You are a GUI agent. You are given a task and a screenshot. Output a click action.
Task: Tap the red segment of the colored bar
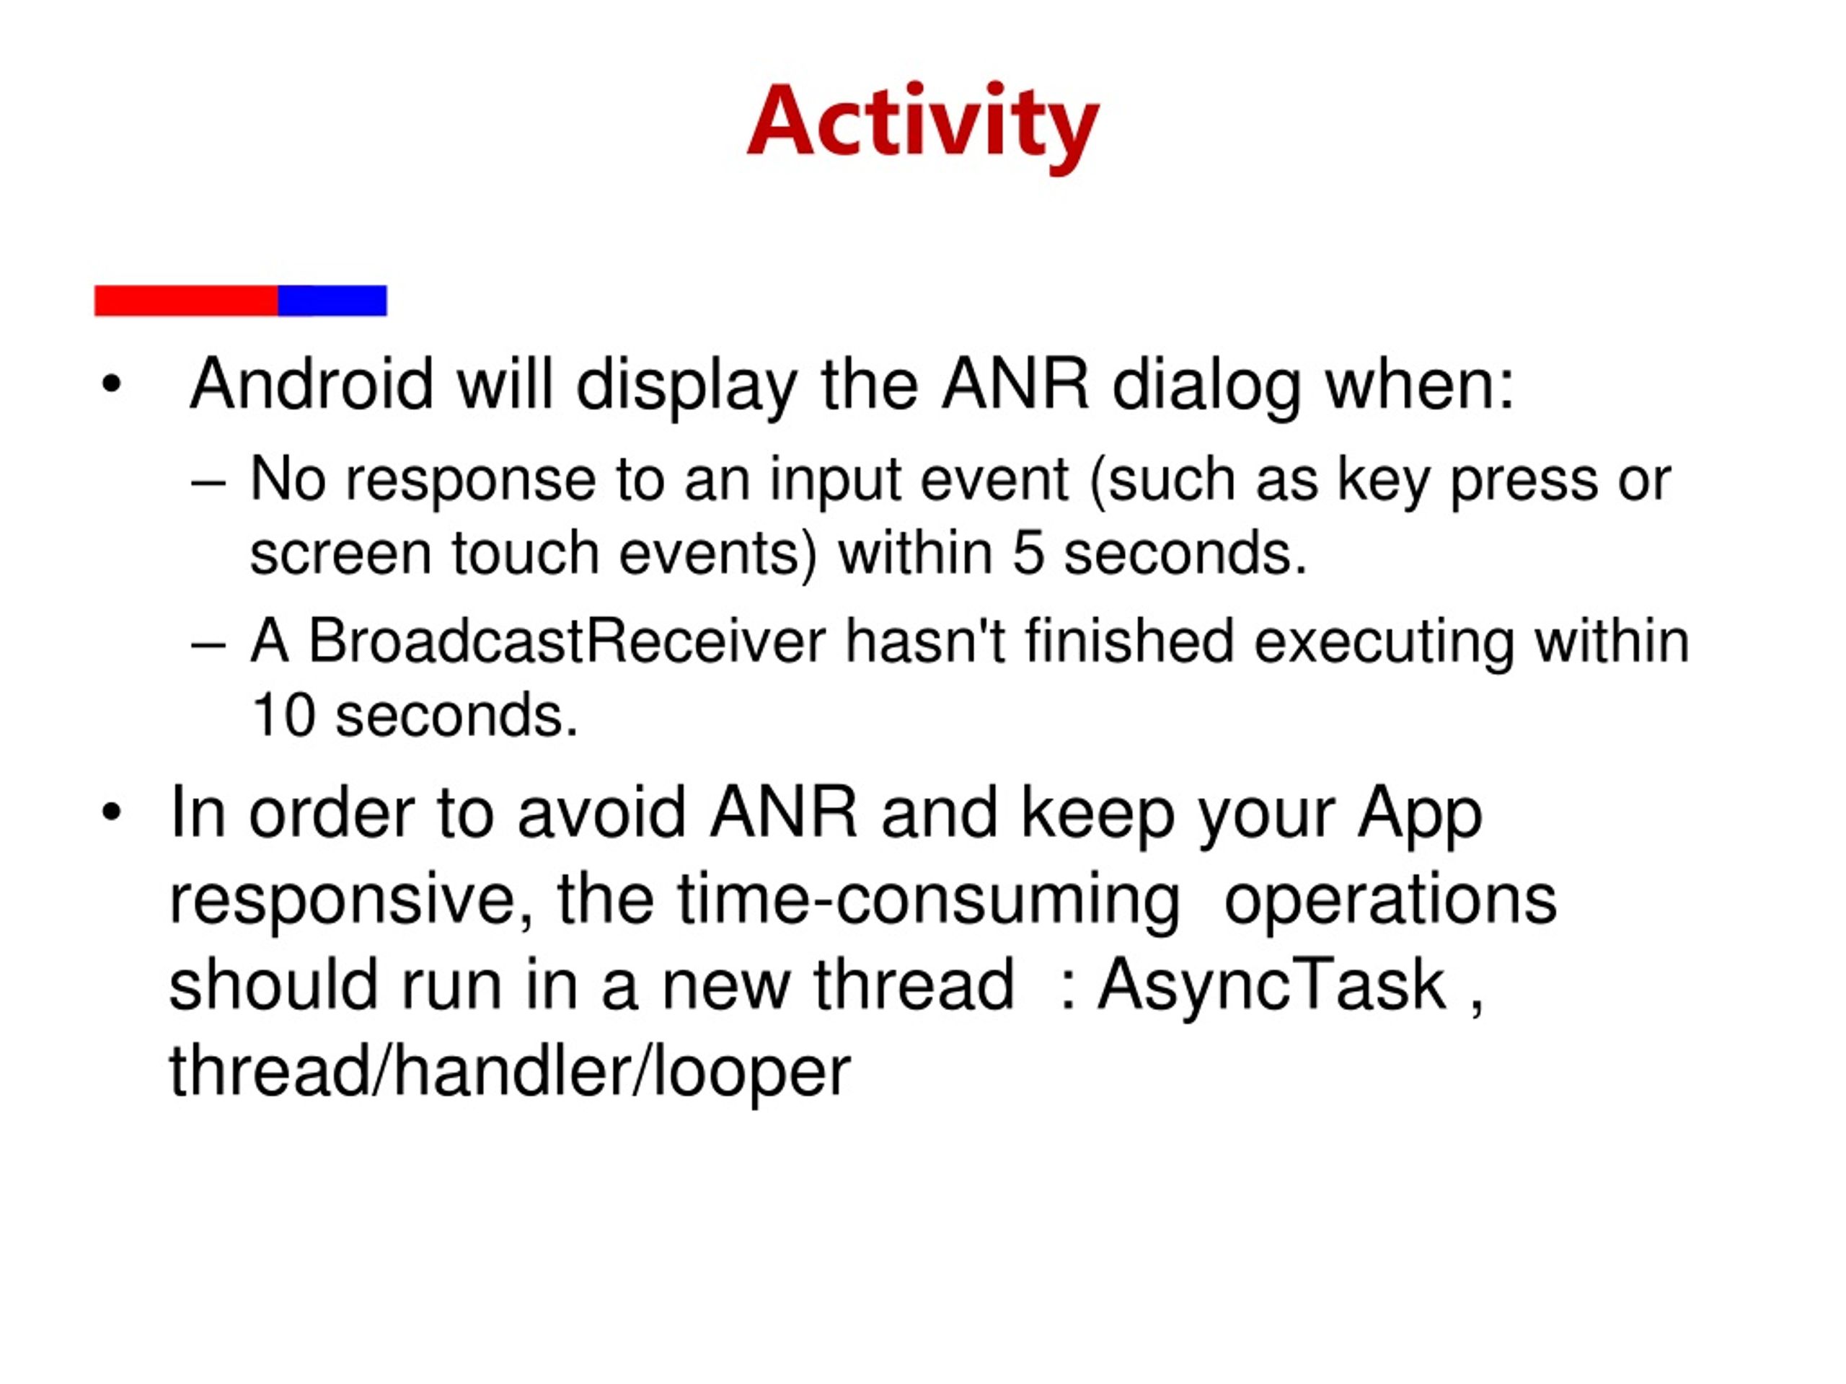[x=186, y=301]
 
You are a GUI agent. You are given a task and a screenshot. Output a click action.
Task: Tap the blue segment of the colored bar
[x=332, y=301]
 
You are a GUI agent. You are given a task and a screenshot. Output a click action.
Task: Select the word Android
[x=312, y=386]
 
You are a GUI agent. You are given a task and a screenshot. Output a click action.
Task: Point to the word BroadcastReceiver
[x=567, y=643]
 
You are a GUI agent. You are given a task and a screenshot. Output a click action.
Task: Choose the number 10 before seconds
[x=283, y=716]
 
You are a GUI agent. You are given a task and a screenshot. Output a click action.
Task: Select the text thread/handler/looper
[x=509, y=1070]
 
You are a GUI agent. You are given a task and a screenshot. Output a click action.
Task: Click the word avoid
[x=601, y=813]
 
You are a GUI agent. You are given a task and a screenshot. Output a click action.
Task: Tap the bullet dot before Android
[x=111, y=386]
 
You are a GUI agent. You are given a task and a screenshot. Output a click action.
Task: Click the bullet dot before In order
[x=111, y=812]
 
